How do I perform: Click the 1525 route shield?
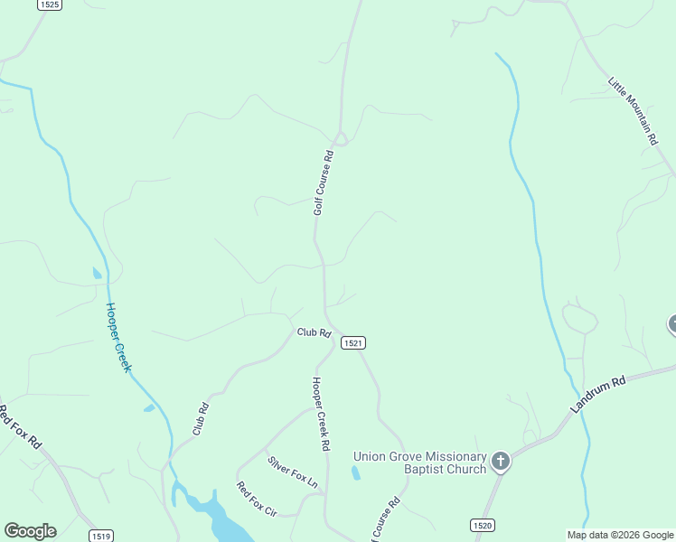pos(50,5)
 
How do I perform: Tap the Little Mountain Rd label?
pos(633,111)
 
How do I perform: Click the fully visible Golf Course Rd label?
pos(324,182)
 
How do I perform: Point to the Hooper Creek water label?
pos(118,337)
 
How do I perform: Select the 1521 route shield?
pos(353,343)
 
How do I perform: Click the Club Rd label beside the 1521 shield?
pos(314,332)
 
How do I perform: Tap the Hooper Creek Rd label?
pos(319,414)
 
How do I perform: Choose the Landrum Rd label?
pos(598,395)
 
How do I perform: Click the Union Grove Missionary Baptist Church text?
pos(419,463)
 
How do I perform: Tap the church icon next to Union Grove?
pos(501,463)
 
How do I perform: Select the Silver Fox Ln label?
pos(293,472)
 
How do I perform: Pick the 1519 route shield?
pos(101,536)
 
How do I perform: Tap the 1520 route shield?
pos(483,525)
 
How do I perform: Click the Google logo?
pos(30,530)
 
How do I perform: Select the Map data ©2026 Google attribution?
pos(620,535)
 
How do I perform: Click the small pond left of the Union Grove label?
pos(355,472)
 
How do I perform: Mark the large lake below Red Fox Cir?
pos(221,519)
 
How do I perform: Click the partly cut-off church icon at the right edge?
pos(672,323)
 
